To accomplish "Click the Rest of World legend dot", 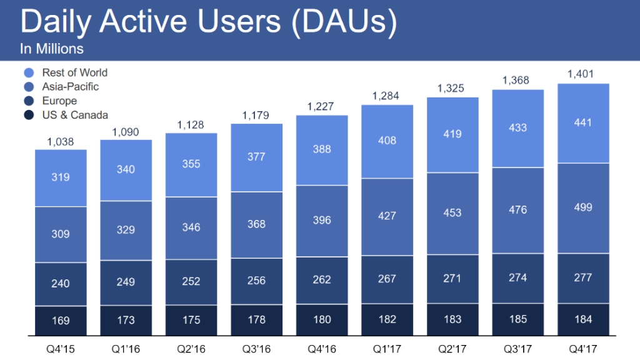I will [29, 73].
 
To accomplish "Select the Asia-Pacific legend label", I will [71, 87].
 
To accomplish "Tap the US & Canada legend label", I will [75, 115].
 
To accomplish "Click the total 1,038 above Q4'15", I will [61, 142].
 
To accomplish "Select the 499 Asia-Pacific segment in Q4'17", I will [582, 207].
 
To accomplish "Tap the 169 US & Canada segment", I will [61, 321].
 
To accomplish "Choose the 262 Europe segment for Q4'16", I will [322, 280].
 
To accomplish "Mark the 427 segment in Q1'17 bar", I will [387, 216].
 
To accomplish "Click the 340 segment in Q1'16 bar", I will [126, 169].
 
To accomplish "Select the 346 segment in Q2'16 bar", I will [191, 227].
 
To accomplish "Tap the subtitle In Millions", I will [52, 49].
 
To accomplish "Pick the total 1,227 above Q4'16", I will [322, 107].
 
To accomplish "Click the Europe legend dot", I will [29, 101].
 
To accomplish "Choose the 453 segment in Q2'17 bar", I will [452, 212].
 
